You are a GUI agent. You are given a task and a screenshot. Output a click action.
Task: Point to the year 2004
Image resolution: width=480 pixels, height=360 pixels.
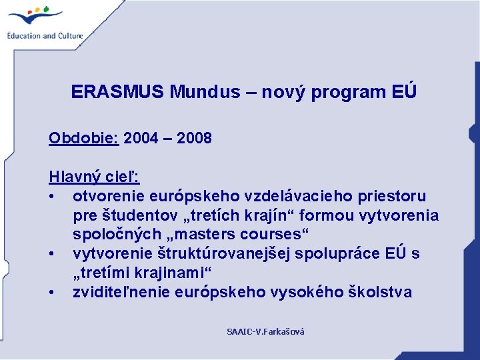click(141, 138)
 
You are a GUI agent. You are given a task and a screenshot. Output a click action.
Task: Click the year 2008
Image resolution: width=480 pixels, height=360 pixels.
click(195, 138)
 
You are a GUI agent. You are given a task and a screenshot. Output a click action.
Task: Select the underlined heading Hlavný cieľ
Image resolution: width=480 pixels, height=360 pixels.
click(94, 177)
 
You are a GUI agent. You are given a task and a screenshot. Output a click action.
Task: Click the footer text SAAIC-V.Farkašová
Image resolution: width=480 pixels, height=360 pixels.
click(265, 331)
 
